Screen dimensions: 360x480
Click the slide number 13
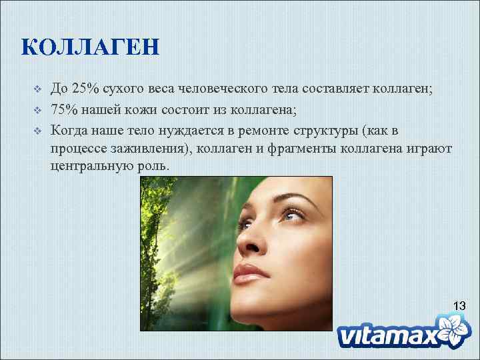click(x=459, y=306)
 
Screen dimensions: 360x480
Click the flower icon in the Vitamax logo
click(x=456, y=330)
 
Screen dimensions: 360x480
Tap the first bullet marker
click(x=38, y=89)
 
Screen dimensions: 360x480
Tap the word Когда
click(x=69, y=129)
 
